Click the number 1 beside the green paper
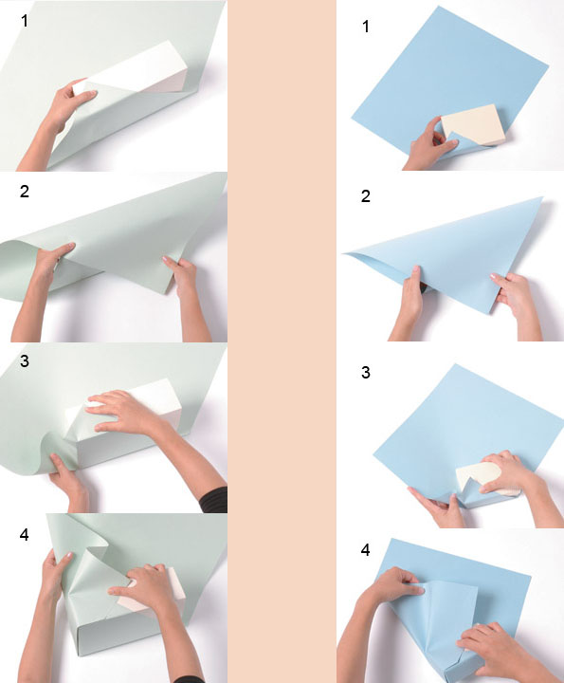pos(25,21)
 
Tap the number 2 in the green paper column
pos(25,192)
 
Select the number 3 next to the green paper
pos(25,361)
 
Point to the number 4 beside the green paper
pos(25,534)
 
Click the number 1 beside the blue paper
pos(366,27)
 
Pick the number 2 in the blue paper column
pos(366,196)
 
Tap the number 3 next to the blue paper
pos(366,373)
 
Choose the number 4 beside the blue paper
pos(366,550)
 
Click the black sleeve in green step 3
pos(214,500)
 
